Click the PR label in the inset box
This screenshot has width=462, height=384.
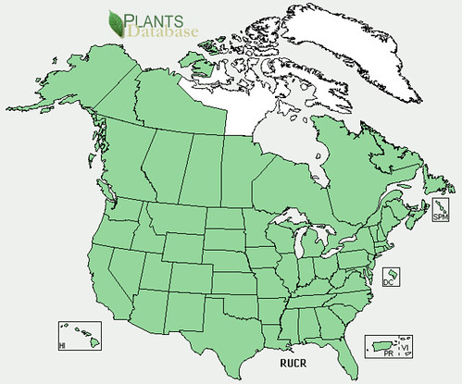389,353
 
